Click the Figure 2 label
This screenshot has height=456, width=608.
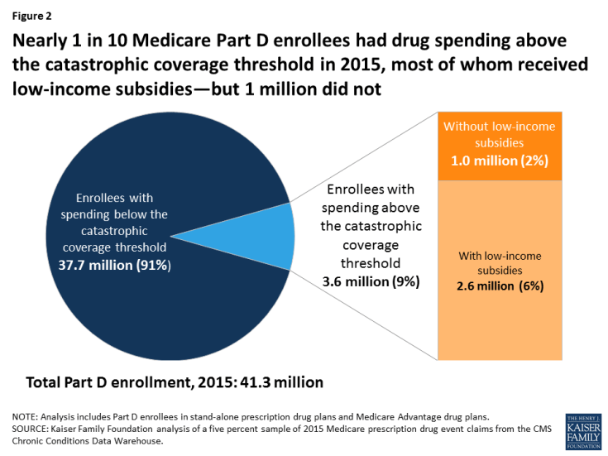click(31, 16)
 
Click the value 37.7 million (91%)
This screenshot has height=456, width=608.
click(114, 266)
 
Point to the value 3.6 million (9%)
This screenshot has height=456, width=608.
click(371, 281)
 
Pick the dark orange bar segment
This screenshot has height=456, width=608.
click(500, 146)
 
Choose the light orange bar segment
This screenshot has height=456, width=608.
click(500, 271)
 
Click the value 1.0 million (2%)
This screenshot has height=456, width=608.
click(500, 161)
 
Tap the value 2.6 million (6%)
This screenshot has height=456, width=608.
click(500, 286)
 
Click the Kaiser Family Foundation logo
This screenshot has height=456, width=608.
click(583, 431)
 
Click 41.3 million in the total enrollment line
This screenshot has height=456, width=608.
click(282, 382)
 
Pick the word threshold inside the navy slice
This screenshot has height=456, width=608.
click(142, 247)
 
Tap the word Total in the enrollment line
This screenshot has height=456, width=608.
click(43, 382)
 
